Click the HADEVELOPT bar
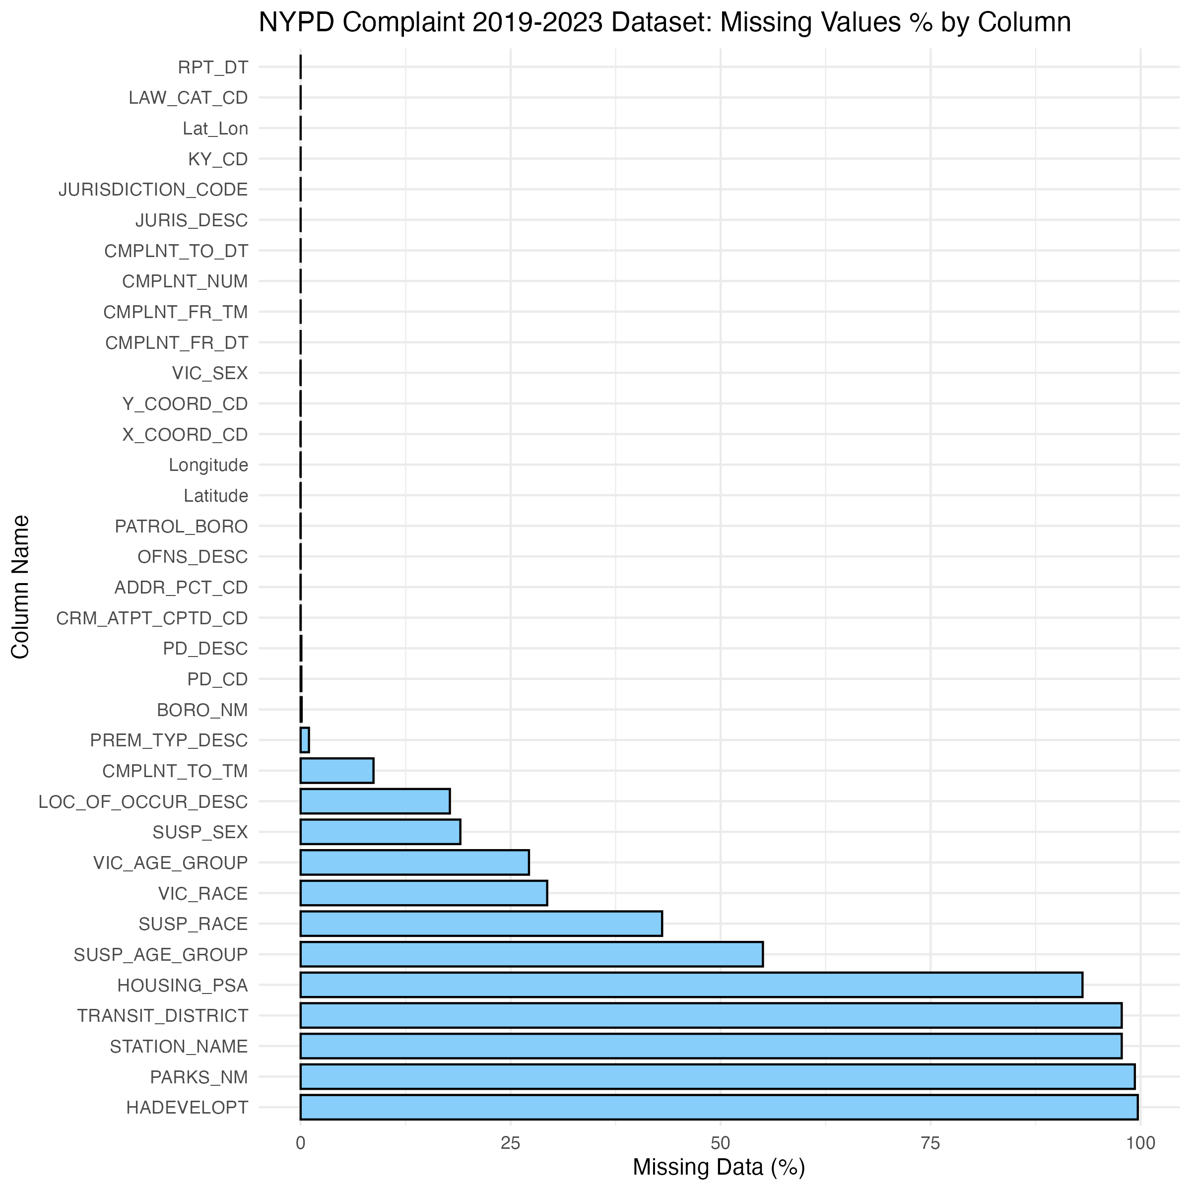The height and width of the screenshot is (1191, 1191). point(718,1107)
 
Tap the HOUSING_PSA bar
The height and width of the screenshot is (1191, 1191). point(690,985)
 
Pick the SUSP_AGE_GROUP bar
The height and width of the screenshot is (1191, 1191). point(531,954)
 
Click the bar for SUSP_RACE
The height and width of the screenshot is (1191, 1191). point(481,924)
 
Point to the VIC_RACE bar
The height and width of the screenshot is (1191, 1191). point(423,893)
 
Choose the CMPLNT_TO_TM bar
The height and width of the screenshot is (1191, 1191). point(336,771)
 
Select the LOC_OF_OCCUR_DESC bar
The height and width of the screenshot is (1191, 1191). point(375,801)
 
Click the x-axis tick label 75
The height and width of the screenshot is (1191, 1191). point(930,1143)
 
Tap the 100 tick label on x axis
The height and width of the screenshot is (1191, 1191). point(1140,1143)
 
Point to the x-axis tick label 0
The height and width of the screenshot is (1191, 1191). point(301,1143)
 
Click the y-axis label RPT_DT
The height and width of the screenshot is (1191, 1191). point(213,67)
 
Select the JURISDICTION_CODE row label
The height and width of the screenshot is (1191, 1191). point(153,189)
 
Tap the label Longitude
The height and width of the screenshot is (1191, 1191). point(208,465)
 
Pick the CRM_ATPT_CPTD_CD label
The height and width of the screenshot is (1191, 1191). point(152,618)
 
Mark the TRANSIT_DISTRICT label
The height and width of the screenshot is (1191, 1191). point(162,1015)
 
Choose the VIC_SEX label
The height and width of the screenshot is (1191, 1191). point(209,373)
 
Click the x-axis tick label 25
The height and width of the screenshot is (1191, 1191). point(511,1143)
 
